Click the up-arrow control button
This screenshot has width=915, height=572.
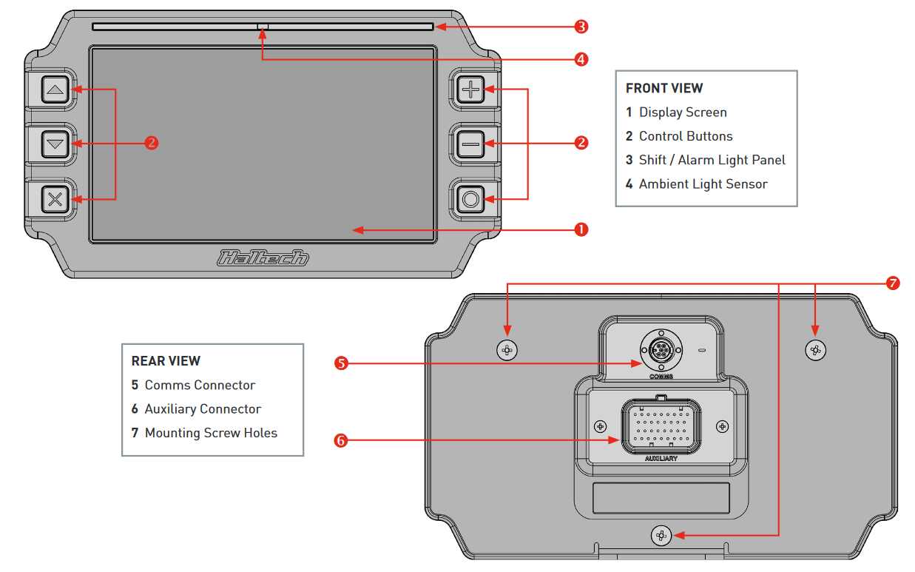[55, 91]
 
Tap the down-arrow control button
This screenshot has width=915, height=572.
[55, 145]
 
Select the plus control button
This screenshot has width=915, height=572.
[470, 90]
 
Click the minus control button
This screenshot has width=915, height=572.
[470, 144]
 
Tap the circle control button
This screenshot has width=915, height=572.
[470, 198]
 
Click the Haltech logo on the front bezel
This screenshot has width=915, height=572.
[263, 258]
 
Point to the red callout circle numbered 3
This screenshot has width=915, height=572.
[581, 27]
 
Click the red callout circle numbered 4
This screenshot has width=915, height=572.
[581, 59]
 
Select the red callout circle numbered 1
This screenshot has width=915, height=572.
[581, 229]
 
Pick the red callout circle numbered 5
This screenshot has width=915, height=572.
[341, 363]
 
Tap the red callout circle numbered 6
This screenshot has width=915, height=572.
[341, 441]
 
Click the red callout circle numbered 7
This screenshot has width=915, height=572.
[893, 283]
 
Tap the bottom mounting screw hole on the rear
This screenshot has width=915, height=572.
[661, 535]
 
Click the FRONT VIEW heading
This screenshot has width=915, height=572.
[664, 88]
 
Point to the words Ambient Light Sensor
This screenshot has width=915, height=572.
[703, 184]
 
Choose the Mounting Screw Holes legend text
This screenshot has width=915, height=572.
[211, 433]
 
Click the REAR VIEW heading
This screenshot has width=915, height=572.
[166, 361]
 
